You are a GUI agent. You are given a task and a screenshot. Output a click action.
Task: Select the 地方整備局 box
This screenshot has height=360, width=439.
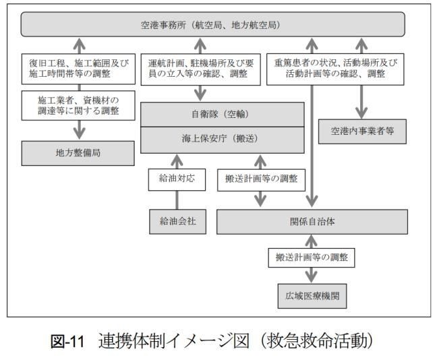point(80,153)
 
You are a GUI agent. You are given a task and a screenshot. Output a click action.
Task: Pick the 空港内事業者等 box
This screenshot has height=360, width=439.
point(362,132)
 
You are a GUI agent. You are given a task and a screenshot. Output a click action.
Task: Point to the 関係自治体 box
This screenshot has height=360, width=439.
point(312,221)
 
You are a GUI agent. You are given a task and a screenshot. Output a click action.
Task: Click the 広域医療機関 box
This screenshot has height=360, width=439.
point(312,295)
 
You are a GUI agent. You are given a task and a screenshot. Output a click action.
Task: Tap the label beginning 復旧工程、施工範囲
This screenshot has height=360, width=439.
point(80,71)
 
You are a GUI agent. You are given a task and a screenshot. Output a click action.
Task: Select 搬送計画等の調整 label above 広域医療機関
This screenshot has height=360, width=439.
point(312,258)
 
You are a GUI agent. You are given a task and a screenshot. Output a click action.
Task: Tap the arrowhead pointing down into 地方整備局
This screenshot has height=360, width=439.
point(80,133)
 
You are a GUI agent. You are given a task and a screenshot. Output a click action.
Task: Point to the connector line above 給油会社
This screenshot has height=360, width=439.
point(177,200)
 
